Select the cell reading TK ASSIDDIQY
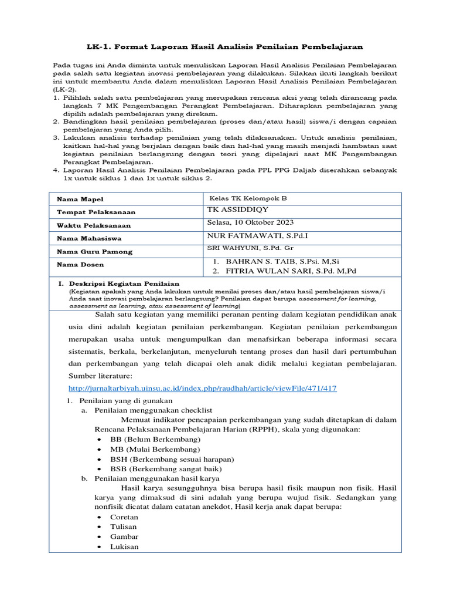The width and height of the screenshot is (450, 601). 238,210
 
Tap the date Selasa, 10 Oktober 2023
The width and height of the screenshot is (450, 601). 251,222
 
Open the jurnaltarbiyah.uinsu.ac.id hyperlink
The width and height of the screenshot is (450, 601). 203,389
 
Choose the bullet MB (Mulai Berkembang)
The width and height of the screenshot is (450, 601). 155,449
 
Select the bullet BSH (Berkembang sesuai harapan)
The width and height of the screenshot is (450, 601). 172,459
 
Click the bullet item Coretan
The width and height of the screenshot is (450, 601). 124,517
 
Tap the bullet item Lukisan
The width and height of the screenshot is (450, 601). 124,546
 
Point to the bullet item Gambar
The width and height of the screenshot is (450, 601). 124,536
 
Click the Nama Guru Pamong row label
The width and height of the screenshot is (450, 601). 94,252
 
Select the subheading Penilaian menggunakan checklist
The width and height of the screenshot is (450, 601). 153,410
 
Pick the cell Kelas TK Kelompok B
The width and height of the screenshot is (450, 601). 248,198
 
